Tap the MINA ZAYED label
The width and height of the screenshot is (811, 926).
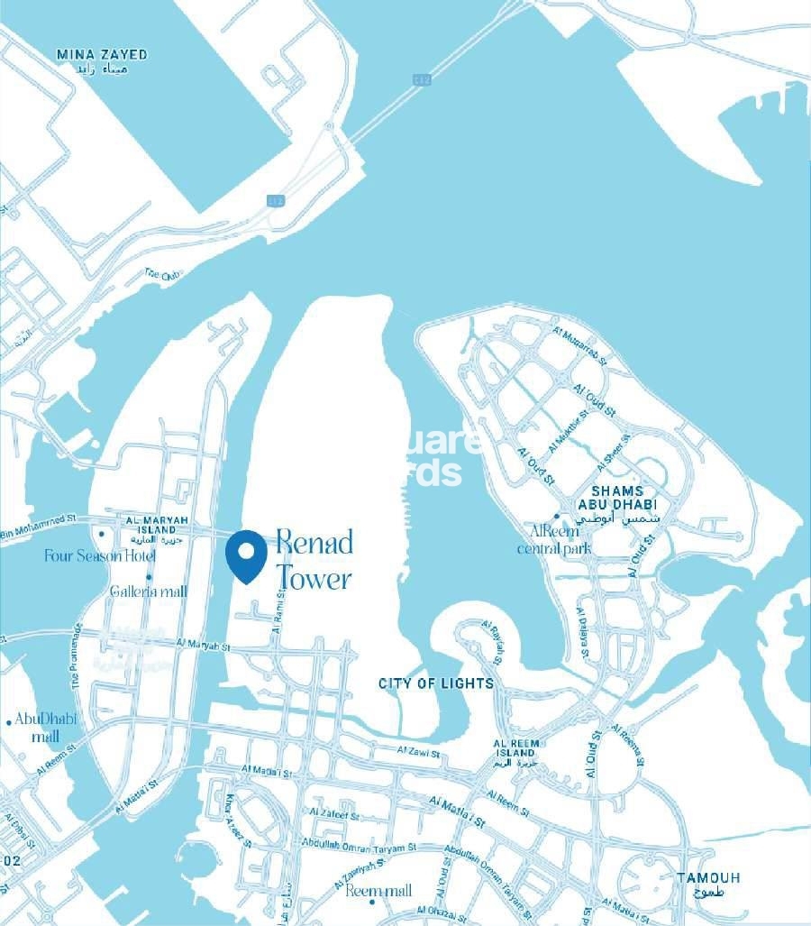[102, 55]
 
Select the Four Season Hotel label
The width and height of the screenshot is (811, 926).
[100, 556]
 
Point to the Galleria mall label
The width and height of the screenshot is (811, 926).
[149, 591]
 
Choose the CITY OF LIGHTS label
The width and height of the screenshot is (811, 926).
[436, 683]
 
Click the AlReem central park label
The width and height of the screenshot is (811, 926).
[554, 539]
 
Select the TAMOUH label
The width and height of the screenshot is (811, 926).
[709, 877]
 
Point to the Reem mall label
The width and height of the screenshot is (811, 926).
[378, 891]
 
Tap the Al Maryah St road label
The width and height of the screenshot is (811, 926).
[205, 645]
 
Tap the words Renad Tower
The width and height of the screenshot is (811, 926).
[313, 560]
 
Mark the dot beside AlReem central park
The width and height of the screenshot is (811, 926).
[557, 517]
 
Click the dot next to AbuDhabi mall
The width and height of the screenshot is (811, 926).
[8, 721]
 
